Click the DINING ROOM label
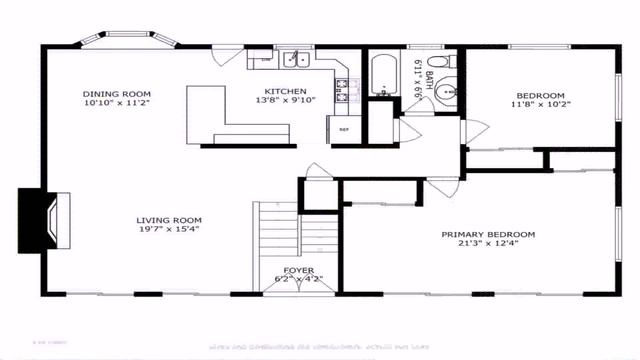[116, 92]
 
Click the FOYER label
[298, 270]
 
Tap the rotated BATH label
[429, 74]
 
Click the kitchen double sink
[294, 60]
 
